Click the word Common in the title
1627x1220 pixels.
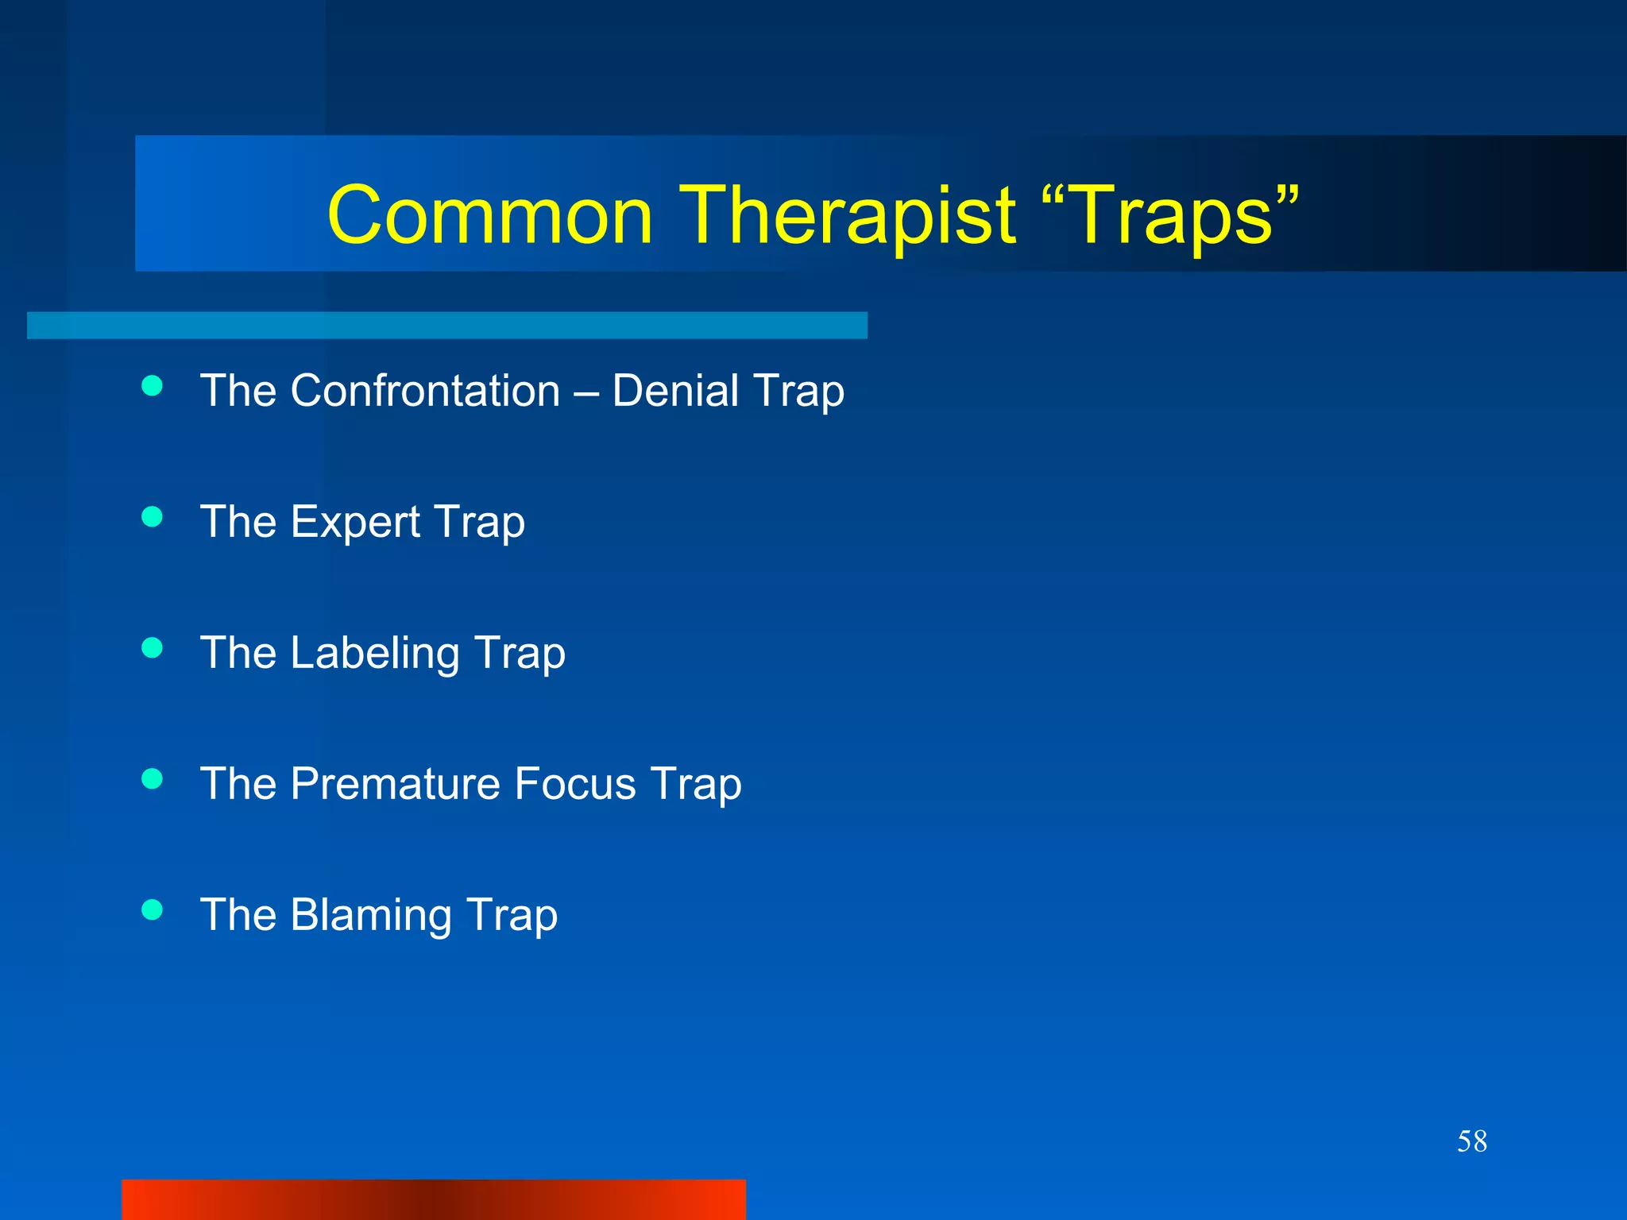click(489, 215)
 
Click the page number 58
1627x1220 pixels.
click(1471, 1141)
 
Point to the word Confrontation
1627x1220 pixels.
click(425, 391)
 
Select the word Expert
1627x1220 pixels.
click(355, 522)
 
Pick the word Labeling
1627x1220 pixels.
click(375, 653)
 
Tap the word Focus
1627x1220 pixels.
click(575, 784)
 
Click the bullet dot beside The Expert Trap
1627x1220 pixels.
click(152, 517)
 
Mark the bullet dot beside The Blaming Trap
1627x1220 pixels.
click(152, 909)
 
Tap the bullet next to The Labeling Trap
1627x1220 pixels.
click(152, 648)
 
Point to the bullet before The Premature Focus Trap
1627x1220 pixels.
click(152, 779)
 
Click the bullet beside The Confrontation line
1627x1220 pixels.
click(152, 386)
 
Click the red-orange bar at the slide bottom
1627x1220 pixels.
click(434, 1199)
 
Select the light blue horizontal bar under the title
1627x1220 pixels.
click(446, 325)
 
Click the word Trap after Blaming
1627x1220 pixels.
click(512, 915)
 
